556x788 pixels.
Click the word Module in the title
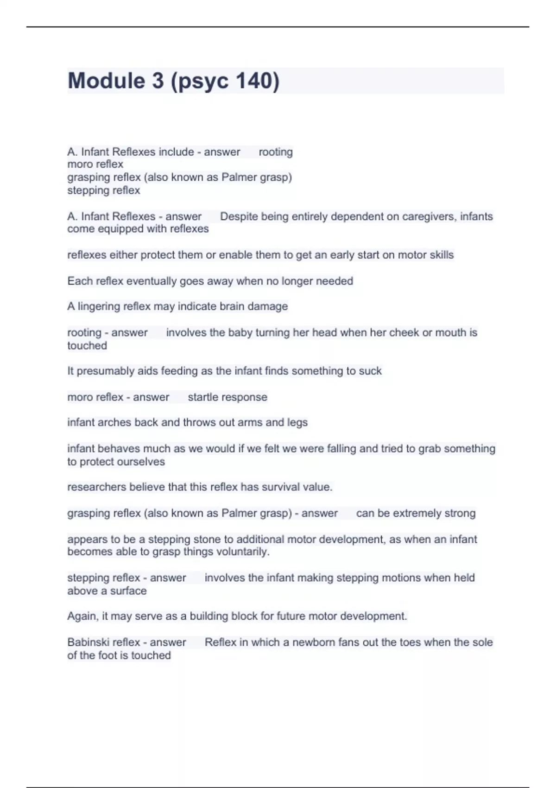tap(106, 81)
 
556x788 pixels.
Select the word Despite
tap(239, 216)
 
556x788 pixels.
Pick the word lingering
tap(100, 306)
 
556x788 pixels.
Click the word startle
tap(203, 397)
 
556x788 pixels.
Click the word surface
tap(128, 591)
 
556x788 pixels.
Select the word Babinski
tap(88, 642)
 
